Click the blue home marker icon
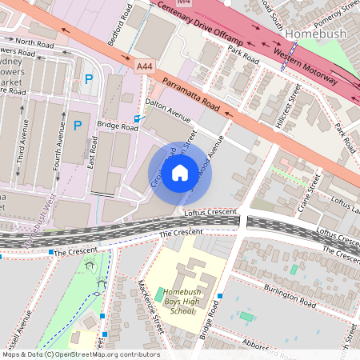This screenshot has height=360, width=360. [x=180, y=173]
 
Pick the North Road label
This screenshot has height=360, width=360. [x=34, y=42]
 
